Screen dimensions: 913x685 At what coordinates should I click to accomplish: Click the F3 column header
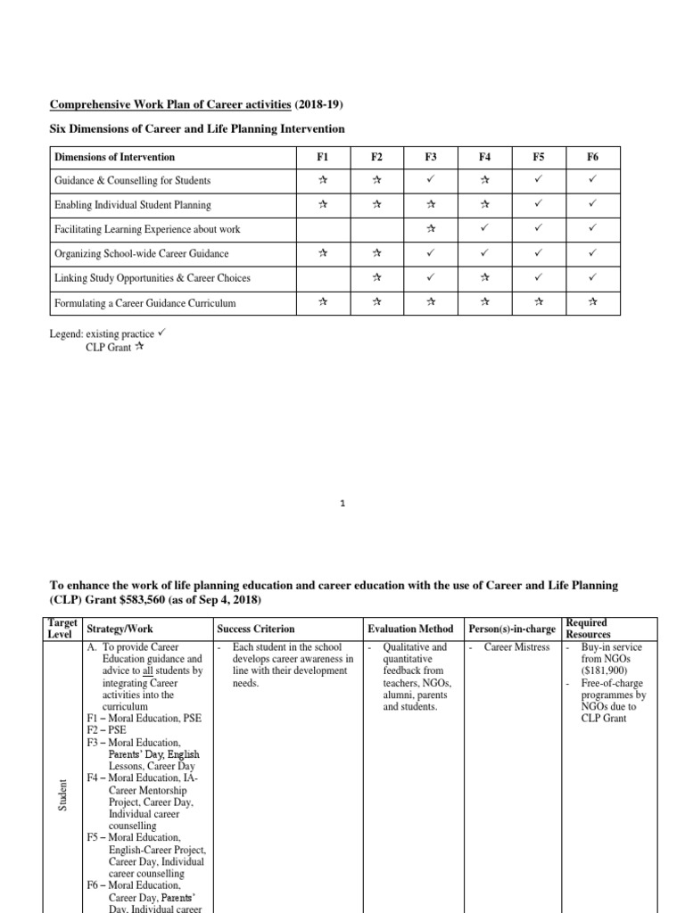(x=431, y=157)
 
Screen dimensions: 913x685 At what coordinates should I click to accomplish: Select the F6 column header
(x=593, y=157)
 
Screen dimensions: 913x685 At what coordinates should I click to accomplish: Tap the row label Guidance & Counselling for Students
(x=132, y=181)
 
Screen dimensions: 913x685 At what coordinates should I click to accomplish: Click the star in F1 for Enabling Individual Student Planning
(x=322, y=205)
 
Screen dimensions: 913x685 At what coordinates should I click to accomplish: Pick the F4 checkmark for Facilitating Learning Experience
(x=484, y=229)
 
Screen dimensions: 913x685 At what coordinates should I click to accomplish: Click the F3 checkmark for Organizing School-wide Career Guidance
(x=431, y=254)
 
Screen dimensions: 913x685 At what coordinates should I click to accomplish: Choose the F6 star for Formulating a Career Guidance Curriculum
(x=593, y=303)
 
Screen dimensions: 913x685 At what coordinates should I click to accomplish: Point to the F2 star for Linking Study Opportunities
(x=376, y=278)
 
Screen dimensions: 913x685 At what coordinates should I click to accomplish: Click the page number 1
(x=342, y=504)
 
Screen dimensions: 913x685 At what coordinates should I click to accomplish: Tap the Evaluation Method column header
(x=410, y=629)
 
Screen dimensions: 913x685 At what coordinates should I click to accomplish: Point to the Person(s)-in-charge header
(x=512, y=629)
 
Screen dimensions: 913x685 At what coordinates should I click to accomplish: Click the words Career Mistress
(x=516, y=647)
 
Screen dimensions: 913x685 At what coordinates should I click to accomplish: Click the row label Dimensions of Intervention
(x=114, y=157)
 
